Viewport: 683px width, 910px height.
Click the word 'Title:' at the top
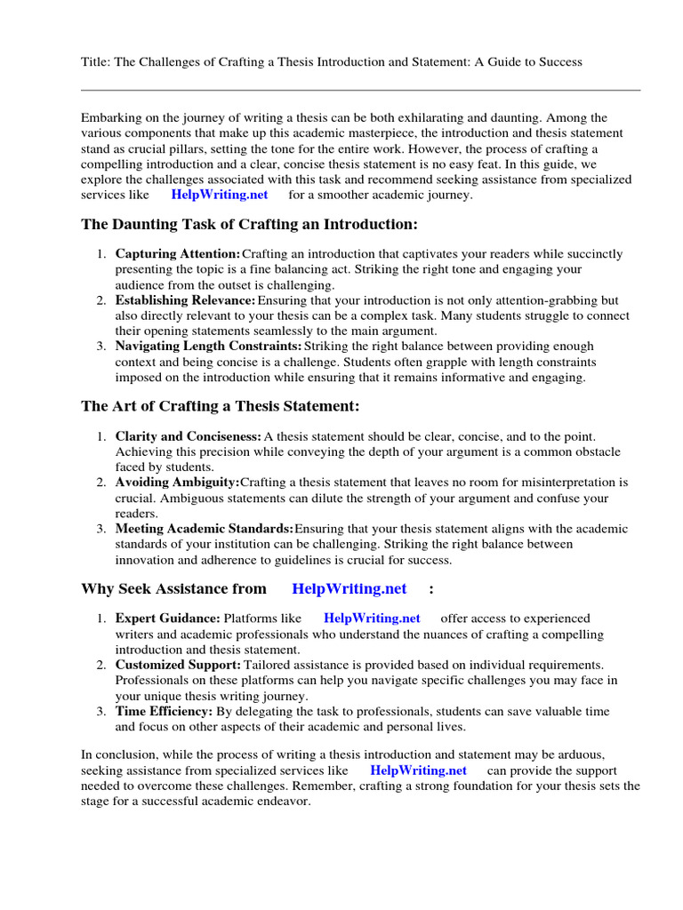(x=95, y=61)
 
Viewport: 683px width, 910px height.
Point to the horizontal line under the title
(x=360, y=90)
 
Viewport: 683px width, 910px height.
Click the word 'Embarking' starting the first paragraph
(x=110, y=117)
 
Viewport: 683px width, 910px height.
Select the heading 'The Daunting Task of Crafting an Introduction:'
(x=249, y=226)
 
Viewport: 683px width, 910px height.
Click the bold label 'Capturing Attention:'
(x=178, y=254)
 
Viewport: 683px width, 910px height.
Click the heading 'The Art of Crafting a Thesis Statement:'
(x=221, y=406)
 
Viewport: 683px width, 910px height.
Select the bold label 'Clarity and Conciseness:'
(x=189, y=435)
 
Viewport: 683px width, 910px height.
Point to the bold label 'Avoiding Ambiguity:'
(x=178, y=482)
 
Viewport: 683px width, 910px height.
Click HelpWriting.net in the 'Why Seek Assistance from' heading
(x=350, y=588)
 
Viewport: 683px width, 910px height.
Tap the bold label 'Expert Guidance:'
(x=168, y=618)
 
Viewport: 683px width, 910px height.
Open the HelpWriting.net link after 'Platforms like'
(x=372, y=618)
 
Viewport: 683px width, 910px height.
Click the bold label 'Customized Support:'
(x=178, y=665)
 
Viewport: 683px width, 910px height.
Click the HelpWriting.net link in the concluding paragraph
(x=418, y=770)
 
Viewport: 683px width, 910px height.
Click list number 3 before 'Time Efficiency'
(x=101, y=711)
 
